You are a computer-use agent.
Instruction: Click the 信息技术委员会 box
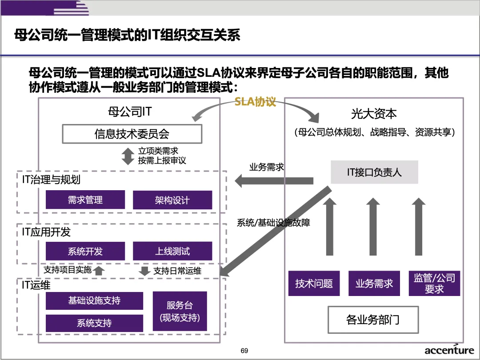click(132, 134)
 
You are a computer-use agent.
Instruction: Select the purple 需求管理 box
click(85, 200)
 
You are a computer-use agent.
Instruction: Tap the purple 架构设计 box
click(172, 200)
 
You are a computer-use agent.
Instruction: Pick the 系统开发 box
click(85, 251)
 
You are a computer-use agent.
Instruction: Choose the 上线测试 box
click(172, 251)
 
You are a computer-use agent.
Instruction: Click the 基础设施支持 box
click(94, 301)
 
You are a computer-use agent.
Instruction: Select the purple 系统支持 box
click(94, 323)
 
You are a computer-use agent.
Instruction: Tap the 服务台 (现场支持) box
click(180, 311)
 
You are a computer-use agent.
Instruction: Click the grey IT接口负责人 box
click(374, 172)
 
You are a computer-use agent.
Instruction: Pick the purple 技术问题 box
click(314, 283)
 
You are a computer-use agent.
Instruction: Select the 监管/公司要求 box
click(434, 283)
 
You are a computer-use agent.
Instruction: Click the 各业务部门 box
click(373, 320)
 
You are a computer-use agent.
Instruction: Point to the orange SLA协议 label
click(256, 102)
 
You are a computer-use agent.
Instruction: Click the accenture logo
click(449, 350)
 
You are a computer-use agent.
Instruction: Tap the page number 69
click(244, 351)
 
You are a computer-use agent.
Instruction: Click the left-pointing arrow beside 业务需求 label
click(273, 181)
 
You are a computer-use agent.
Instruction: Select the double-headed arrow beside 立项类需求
click(128, 156)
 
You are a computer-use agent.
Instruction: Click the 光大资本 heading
click(374, 114)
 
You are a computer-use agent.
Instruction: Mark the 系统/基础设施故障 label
click(273, 223)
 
